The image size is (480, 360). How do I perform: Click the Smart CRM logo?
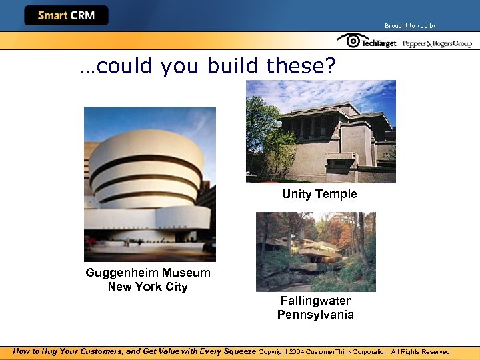point(66,15)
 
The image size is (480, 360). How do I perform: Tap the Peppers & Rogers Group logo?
point(437,43)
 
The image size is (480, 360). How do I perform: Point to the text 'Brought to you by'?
point(410,26)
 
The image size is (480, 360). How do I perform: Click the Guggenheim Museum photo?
point(149,184)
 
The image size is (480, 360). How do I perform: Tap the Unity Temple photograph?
point(321,131)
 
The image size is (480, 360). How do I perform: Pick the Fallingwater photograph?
point(315,251)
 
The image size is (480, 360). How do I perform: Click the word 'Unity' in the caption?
point(295,194)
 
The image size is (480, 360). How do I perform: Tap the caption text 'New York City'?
point(147,287)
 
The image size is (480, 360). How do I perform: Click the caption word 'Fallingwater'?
point(315,301)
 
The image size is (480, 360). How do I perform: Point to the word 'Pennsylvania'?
point(315,315)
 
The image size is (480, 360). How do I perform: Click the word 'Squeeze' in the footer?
point(235,351)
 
